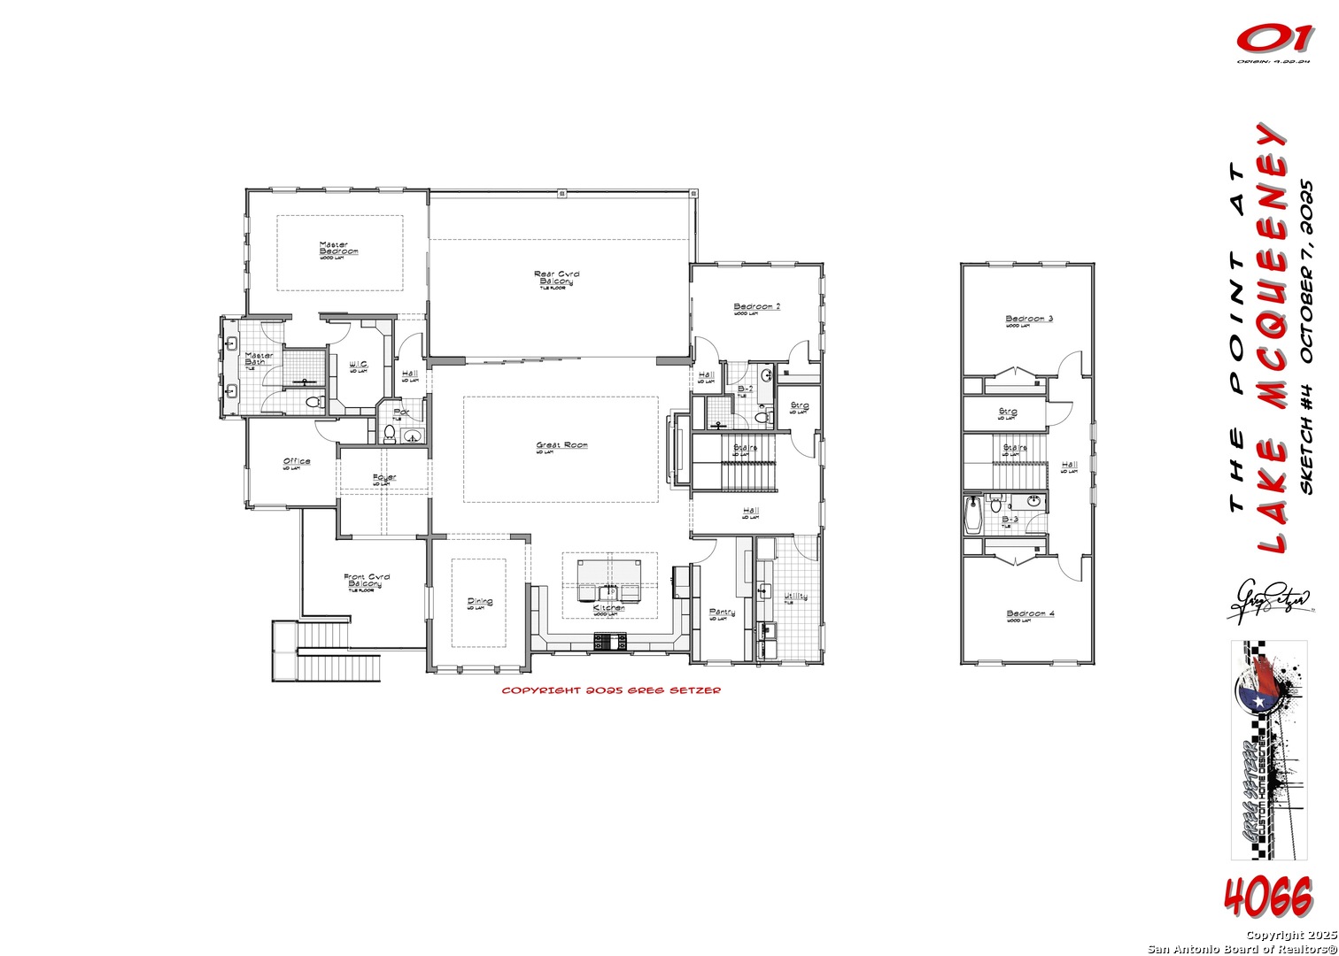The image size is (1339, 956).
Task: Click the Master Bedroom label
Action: (x=339, y=249)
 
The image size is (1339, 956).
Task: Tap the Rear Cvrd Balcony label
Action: (x=556, y=278)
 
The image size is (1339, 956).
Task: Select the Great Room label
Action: (x=561, y=446)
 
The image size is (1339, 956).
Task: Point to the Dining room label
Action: (x=480, y=603)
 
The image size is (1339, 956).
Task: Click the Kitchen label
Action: (x=609, y=609)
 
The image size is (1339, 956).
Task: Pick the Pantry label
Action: (x=722, y=613)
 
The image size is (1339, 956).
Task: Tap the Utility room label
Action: (x=795, y=597)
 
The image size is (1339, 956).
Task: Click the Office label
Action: (x=297, y=462)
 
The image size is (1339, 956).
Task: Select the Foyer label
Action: (x=384, y=478)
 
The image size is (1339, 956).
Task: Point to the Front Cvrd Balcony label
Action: (x=366, y=581)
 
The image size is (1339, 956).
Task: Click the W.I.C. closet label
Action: (x=359, y=365)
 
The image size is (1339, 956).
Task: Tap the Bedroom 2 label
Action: (x=756, y=308)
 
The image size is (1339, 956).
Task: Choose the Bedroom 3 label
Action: (x=1029, y=319)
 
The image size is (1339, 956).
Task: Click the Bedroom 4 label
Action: (x=1030, y=614)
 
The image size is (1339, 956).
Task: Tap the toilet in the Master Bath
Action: (x=312, y=403)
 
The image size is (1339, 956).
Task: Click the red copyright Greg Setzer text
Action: (x=611, y=690)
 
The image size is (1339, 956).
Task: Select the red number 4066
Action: (x=1268, y=898)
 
